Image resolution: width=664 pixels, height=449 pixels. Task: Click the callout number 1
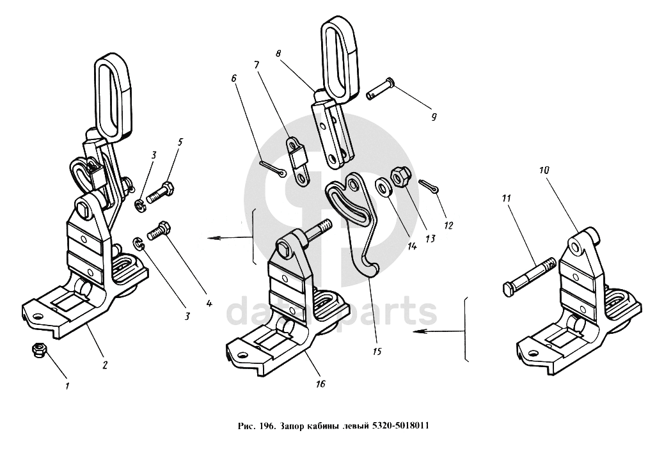click(x=67, y=386)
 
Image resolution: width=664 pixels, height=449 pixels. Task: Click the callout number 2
click(x=105, y=365)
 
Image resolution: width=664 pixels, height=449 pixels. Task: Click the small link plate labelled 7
click(x=298, y=161)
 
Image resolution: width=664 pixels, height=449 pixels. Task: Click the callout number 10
click(x=544, y=171)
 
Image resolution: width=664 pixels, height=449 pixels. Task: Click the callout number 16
click(x=320, y=384)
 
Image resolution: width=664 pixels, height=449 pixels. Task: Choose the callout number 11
click(x=505, y=200)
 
